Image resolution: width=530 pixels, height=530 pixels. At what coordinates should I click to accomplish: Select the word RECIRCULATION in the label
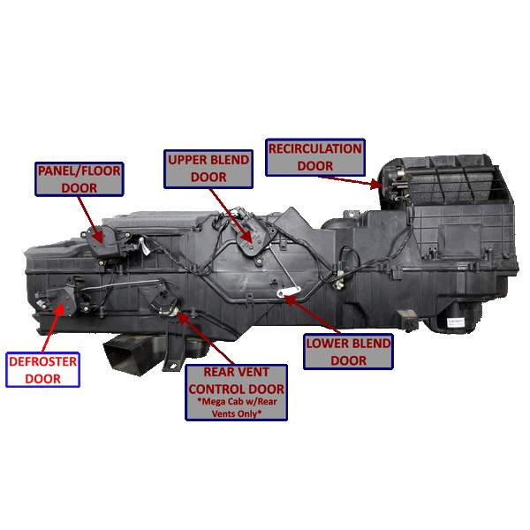pos(314,148)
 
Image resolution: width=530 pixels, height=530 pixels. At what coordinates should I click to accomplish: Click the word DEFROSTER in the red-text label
pos(43,361)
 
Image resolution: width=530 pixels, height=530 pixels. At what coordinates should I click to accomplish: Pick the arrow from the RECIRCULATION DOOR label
pos(351,178)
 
